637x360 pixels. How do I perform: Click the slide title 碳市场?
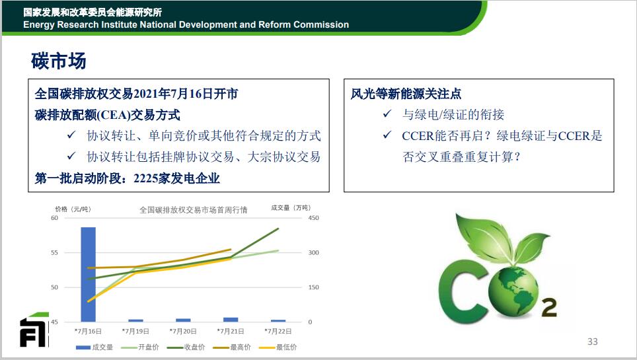(x=59, y=61)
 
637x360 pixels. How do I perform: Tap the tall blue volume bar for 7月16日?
(x=88, y=274)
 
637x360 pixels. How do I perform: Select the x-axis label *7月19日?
(x=135, y=331)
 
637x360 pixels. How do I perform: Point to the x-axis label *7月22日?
(x=278, y=331)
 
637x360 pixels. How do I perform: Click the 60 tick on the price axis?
(x=54, y=218)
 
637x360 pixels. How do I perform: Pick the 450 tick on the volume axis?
(x=313, y=218)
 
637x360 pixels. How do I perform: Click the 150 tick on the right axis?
(x=313, y=287)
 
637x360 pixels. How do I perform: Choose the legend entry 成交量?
(x=94, y=347)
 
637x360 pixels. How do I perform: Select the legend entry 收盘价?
(x=186, y=347)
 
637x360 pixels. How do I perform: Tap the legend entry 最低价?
(x=278, y=347)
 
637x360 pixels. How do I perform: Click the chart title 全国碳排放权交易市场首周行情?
(x=194, y=210)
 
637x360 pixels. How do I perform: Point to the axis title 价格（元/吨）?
(x=73, y=209)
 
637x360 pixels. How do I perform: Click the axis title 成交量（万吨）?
(x=291, y=208)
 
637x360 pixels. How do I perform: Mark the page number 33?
(x=593, y=342)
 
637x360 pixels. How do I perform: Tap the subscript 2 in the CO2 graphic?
(x=549, y=308)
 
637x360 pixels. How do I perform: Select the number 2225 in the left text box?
(x=145, y=178)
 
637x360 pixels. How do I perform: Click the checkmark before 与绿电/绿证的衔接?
(x=387, y=114)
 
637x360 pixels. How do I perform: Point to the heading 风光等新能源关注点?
(x=406, y=94)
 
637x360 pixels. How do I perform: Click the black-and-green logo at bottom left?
(x=34, y=330)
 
